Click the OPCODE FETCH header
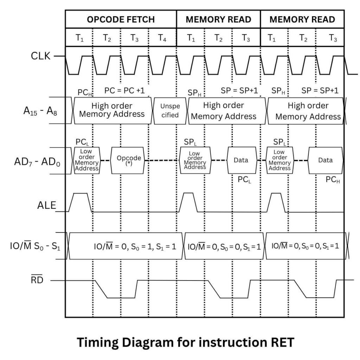click(121, 19)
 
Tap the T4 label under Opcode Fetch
click(162, 38)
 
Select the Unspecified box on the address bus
click(170, 110)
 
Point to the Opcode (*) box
click(129, 160)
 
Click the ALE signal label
click(47, 205)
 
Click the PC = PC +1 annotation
click(124, 90)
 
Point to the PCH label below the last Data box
click(332, 180)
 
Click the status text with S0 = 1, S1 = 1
click(135, 246)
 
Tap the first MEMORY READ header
click(218, 19)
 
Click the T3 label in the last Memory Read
click(333, 38)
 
